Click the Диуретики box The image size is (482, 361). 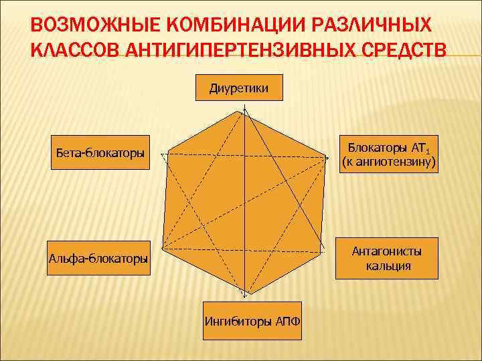(x=239, y=88)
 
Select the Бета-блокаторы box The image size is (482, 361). (x=100, y=153)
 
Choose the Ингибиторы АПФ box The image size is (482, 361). (x=252, y=320)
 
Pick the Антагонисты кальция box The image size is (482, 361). (x=388, y=258)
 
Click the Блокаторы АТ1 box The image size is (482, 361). (x=388, y=154)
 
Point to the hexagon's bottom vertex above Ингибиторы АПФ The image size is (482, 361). (x=246, y=294)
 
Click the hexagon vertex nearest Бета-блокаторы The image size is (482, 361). (x=167, y=153)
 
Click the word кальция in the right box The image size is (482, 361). (x=388, y=266)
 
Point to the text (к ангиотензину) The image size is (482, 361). (x=388, y=162)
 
